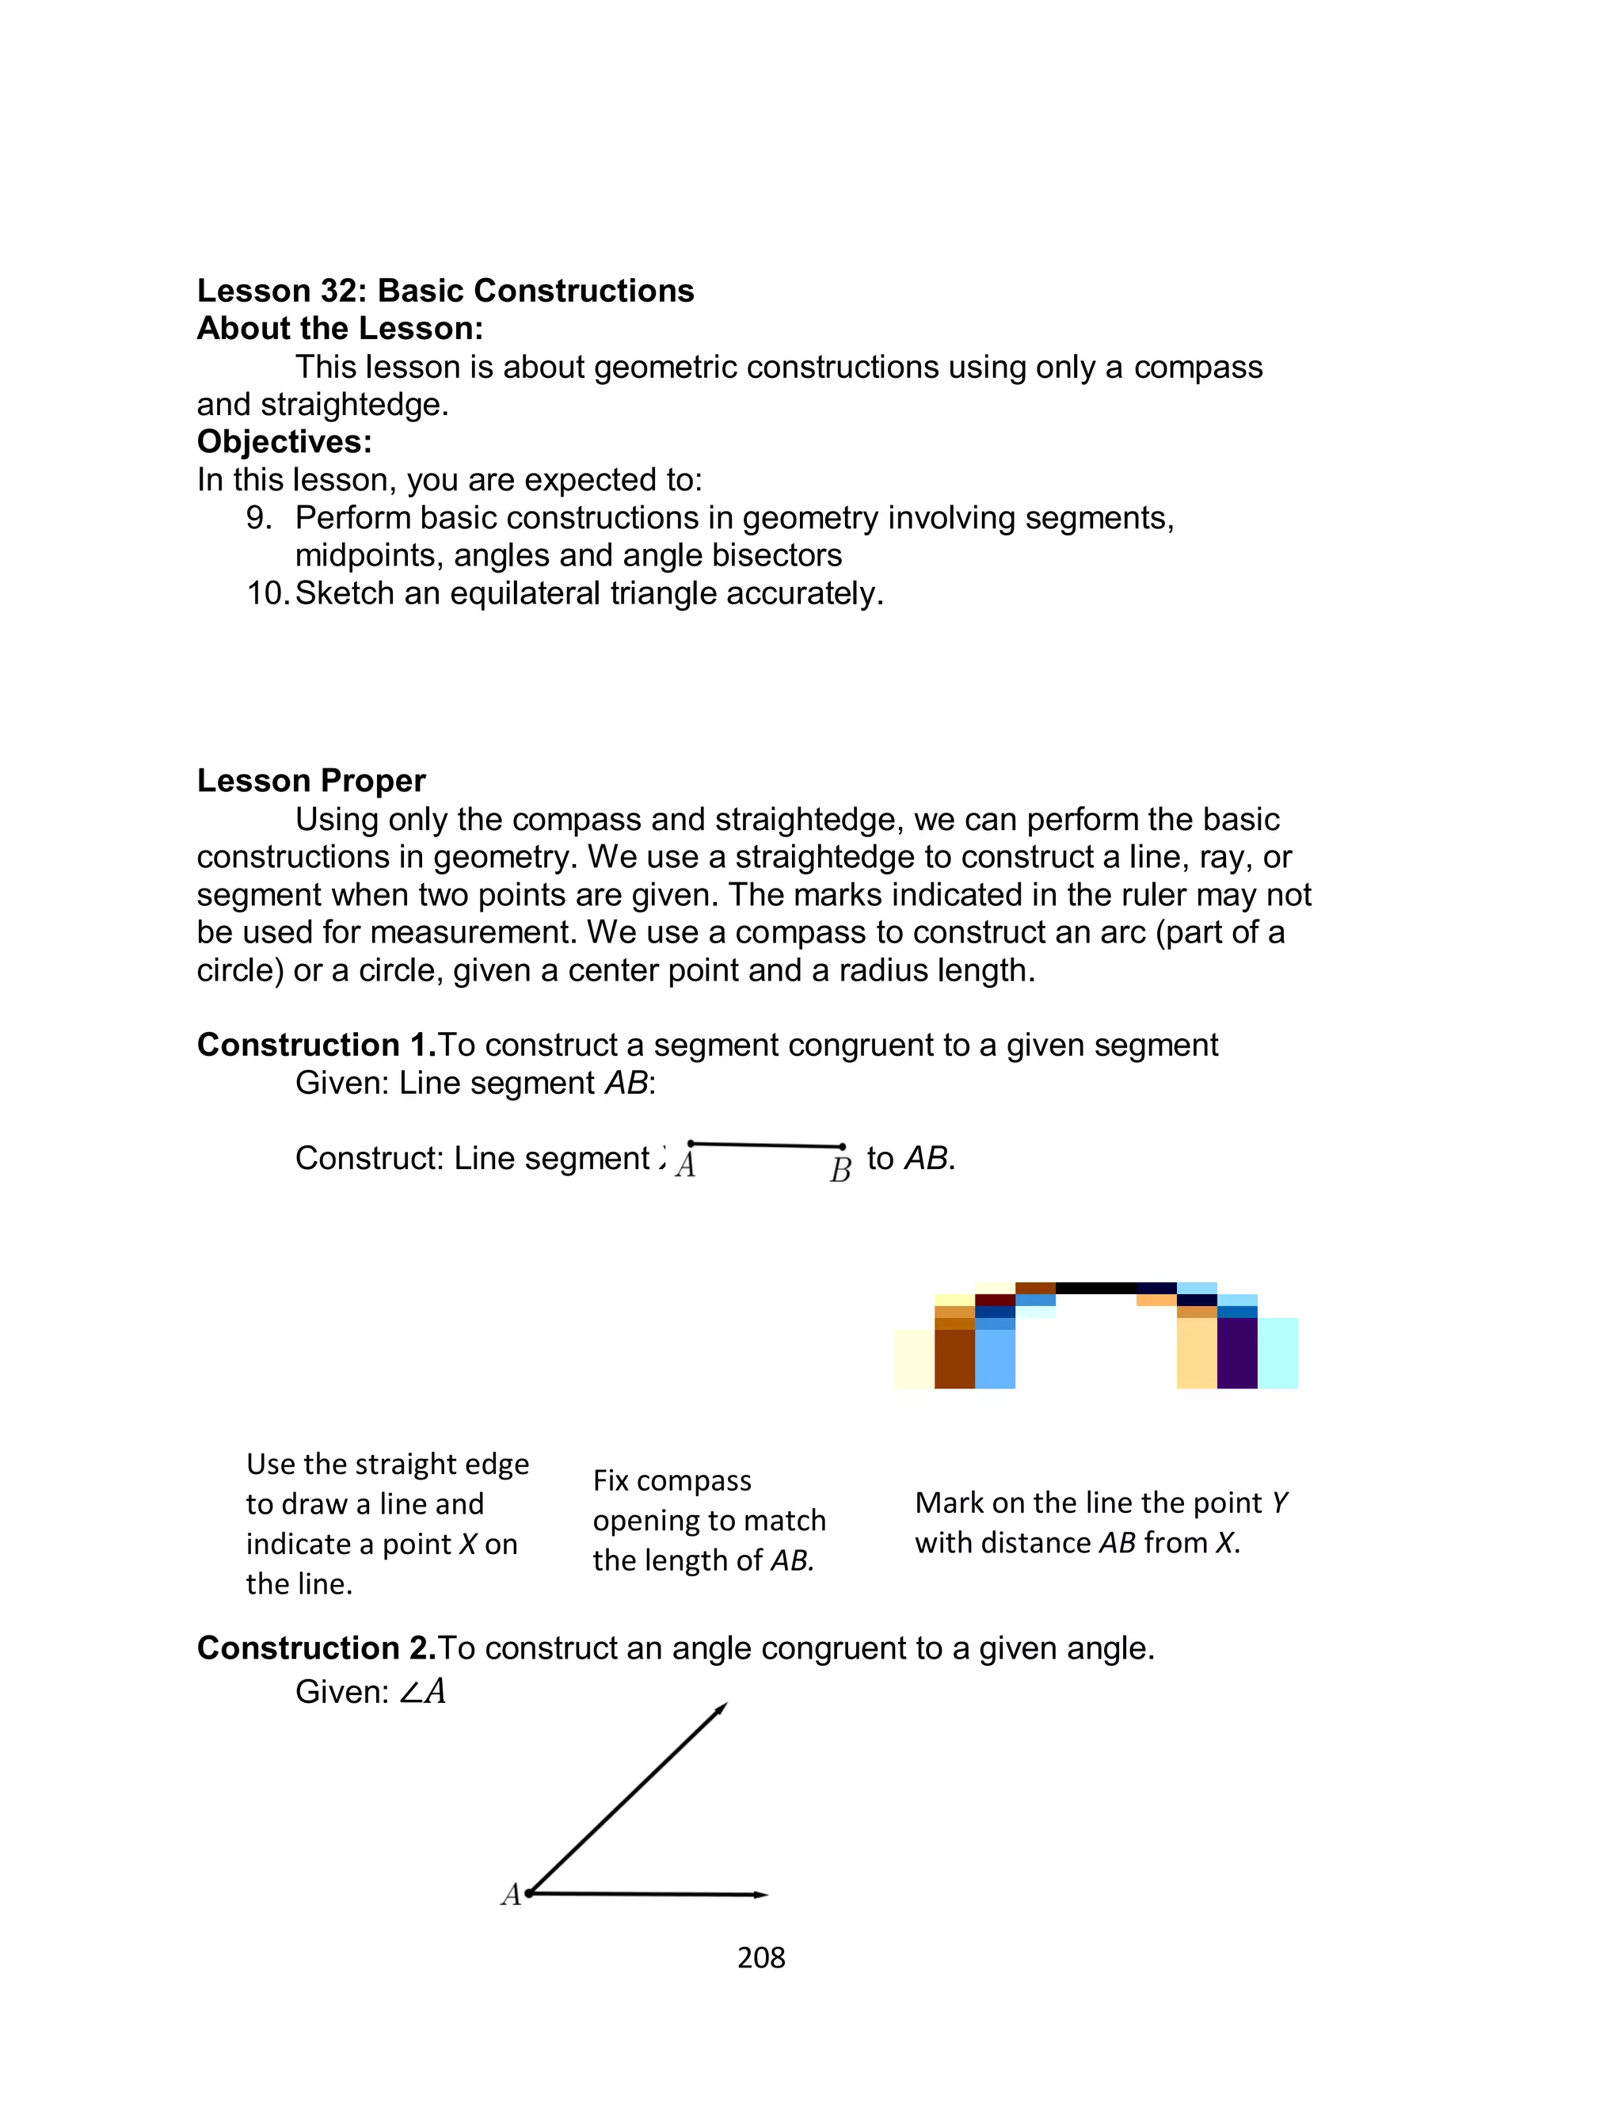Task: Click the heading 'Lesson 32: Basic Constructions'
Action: (445, 291)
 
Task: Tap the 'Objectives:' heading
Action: (284, 442)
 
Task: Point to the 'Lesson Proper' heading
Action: (311, 781)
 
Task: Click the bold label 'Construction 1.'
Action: (317, 1046)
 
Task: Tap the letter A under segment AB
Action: (686, 1166)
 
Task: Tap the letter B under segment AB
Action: (840, 1170)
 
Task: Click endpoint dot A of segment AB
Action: (691, 1144)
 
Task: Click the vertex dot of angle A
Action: (529, 1894)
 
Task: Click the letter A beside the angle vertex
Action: (511, 1895)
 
